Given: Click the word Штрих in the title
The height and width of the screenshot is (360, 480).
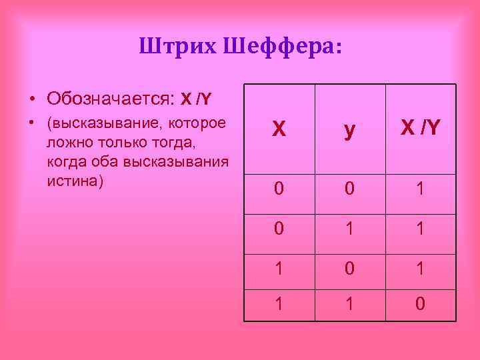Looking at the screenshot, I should (x=177, y=46).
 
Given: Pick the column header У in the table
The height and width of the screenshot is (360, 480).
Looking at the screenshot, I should (x=349, y=131).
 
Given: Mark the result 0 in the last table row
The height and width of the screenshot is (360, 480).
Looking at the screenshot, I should (x=420, y=305).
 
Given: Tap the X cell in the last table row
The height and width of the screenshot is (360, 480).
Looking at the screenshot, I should (x=279, y=305).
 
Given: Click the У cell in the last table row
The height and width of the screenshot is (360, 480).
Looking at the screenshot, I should (x=349, y=305).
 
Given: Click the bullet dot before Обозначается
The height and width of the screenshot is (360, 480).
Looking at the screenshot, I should (x=31, y=100).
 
